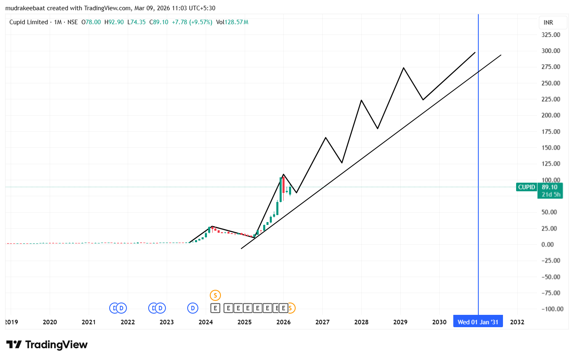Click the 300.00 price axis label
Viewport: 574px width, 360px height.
(551, 51)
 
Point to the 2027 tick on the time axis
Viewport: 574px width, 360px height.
(322, 322)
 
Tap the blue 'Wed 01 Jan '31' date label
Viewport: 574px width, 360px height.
(478, 322)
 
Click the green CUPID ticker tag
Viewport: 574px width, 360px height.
(526, 187)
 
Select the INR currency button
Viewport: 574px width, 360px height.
(548, 23)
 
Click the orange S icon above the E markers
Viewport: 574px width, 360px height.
(215, 295)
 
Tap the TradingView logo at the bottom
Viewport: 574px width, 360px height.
(47, 345)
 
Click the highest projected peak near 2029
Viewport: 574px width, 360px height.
(404, 68)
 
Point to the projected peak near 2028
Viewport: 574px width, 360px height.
(361, 100)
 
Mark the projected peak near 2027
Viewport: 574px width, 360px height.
(326, 138)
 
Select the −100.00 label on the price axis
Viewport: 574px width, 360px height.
(551, 309)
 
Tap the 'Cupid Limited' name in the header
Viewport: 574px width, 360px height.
(29, 22)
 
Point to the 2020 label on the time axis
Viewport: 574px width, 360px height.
(50, 322)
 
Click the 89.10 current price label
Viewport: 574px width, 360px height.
(549, 187)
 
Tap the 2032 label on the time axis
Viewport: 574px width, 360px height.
(517, 322)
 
